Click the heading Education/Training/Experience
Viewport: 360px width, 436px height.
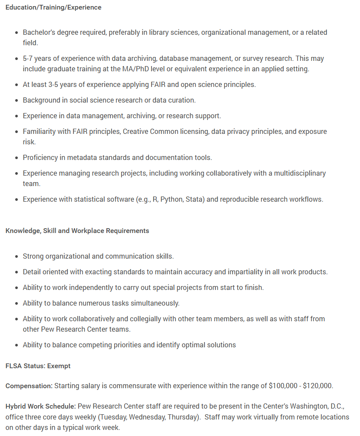[x=53, y=7]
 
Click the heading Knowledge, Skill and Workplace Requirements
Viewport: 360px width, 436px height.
[x=77, y=231]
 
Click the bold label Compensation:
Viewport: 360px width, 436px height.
[x=29, y=386]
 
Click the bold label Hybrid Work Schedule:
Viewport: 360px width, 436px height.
[x=41, y=406]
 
